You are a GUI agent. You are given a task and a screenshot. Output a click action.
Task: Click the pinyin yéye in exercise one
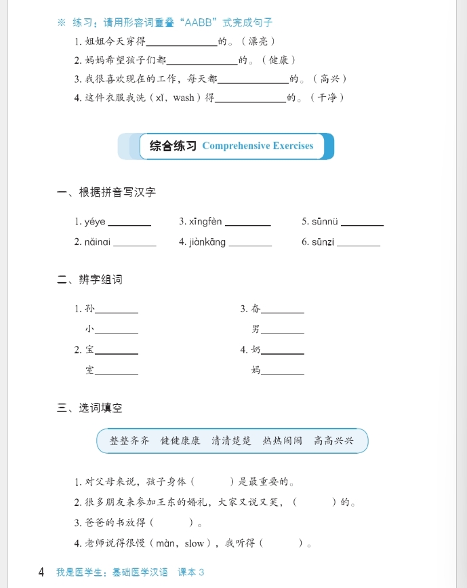click(x=95, y=222)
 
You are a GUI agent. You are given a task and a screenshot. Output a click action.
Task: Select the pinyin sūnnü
click(x=325, y=222)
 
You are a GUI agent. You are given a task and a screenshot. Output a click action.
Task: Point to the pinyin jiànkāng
click(x=207, y=242)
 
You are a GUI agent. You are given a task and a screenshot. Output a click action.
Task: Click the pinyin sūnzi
click(x=323, y=242)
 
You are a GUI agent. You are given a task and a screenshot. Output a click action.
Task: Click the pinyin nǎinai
click(x=97, y=242)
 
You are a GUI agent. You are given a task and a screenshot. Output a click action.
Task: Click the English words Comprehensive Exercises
click(x=258, y=146)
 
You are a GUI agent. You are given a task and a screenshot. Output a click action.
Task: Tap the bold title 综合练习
click(x=173, y=146)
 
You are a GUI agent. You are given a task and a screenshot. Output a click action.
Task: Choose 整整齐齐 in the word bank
click(x=129, y=441)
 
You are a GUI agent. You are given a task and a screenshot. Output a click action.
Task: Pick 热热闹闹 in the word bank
click(x=283, y=441)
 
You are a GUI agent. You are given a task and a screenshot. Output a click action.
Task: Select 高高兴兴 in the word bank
click(x=333, y=441)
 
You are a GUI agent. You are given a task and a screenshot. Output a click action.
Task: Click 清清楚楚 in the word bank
click(x=231, y=441)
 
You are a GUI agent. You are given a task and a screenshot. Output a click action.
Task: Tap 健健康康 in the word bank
click(x=180, y=441)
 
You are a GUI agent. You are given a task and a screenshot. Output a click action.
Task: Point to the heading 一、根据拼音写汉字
click(x=106, y=192)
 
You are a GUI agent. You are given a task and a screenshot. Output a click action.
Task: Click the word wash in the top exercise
click(x=183, y=98)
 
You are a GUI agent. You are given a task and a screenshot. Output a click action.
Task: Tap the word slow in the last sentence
click(x=194, y=543)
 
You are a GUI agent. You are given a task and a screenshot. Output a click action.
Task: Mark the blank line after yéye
click(x=129, y=224)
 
